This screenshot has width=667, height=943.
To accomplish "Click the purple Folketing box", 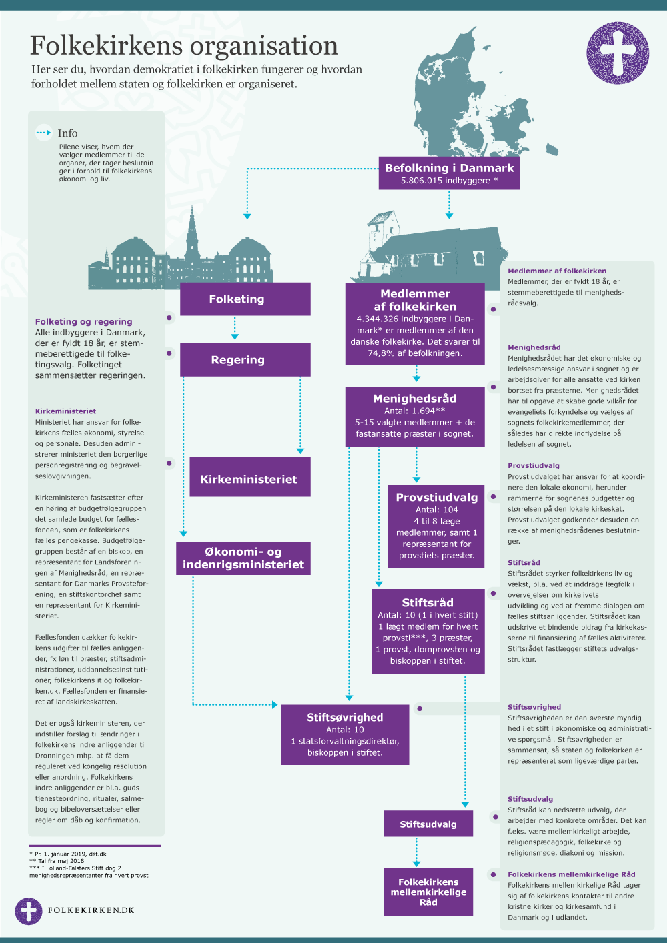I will pyautogui.click(x=245, y=299).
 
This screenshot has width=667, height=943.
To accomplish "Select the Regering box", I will pyautogui.click(x=245, y=360).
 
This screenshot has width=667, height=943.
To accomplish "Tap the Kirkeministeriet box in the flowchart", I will pyautogui.click(x=249, y=478).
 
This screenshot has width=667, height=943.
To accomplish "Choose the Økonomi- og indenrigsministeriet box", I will pyautogui.click(x=243, y=558).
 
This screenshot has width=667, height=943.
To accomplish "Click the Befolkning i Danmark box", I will pyautogui.click(x=449, y=173).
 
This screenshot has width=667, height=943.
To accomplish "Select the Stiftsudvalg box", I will pyautogui.click(x=428, y=824).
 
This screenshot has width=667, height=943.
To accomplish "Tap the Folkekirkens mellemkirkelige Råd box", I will pyautogui.click(x=428, y=892).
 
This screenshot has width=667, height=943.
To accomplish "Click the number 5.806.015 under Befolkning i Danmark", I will pyautogui.click(x=424, y=181).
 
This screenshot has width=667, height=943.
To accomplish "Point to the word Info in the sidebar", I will pyautogui.click(x=67, y=133).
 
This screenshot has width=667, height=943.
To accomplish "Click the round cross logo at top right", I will pyautogui.click(x=618, y=53).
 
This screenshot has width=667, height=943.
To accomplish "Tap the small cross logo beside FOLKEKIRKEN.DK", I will pyautogui.click(x=29, y=911).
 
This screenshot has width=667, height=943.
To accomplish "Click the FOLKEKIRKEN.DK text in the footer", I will pyautogui.click(x=91, y=910).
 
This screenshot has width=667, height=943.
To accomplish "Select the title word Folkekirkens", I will pyautogui.click(x=106, y=45).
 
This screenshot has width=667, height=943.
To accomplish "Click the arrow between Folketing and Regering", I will pyautogui.click(x=235, y=329).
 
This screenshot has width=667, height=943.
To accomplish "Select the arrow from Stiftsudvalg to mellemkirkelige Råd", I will pyautogui.click(x=417, y=852).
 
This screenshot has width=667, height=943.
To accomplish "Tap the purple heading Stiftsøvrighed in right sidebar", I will pyautogui.click(x=534, y=707).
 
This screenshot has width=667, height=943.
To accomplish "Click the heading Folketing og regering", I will pyautogui.click(x=83, y=321).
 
